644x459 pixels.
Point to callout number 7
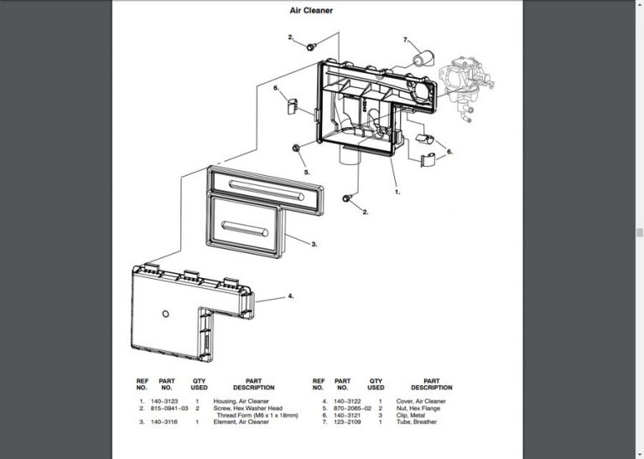(405, 39)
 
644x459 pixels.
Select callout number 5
(307, 173)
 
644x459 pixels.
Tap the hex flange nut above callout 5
(299, 149)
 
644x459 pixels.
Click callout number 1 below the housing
(397, 192)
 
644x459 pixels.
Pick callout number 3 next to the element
(314, 245)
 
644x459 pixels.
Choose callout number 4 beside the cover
(290, 296)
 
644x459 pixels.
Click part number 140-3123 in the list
(164, 401)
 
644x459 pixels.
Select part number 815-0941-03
(169, 408)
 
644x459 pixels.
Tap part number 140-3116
(164, 421)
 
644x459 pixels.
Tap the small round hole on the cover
(165, 313)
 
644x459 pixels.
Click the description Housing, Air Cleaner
(241, 401)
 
